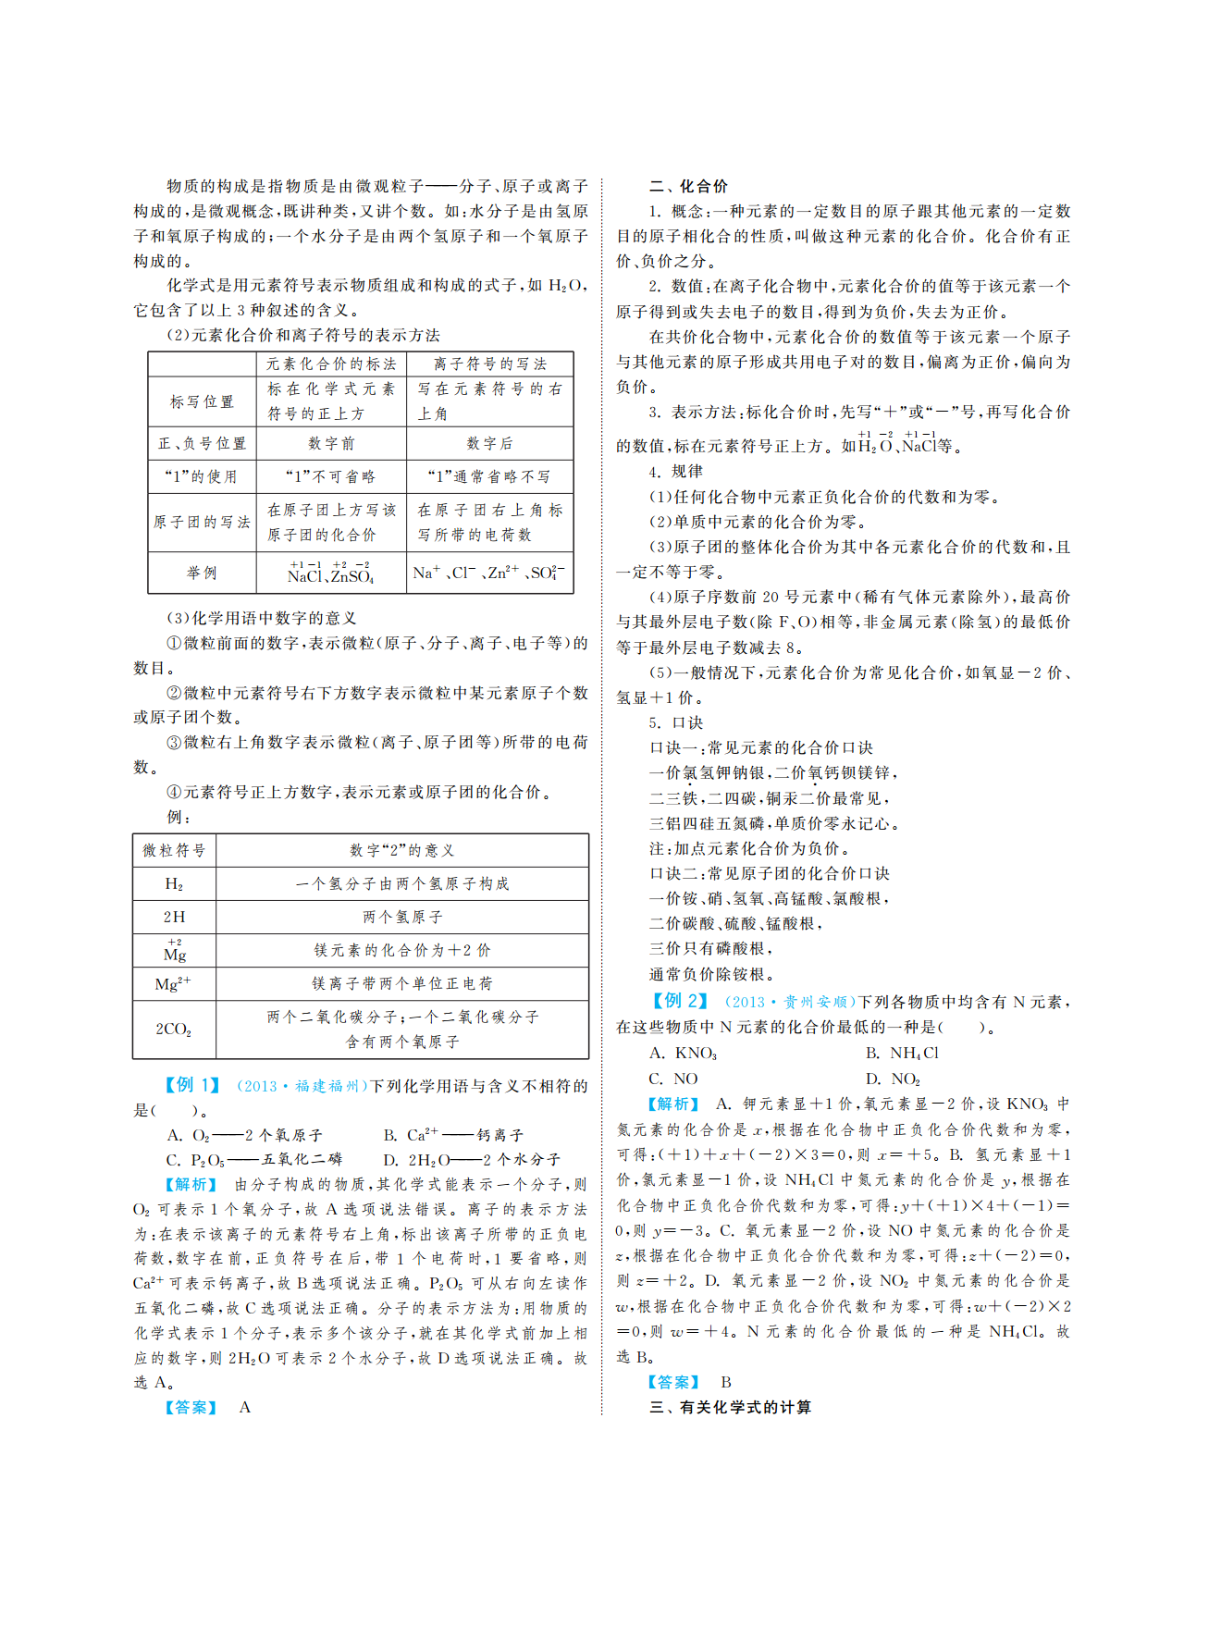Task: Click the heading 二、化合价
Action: (688, 186)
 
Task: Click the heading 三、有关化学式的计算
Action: (730, 1407)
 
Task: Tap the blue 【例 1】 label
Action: (192, 1085)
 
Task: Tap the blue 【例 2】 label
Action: (680, 1001)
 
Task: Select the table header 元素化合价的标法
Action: (331, 364)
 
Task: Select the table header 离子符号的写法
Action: (489, 364)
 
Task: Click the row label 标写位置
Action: (202, 401)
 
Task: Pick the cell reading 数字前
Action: (331, 443)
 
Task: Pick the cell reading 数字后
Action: (489, 443)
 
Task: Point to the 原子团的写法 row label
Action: (202, 522)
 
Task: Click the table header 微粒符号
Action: (174, 850)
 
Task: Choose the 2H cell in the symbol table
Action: (174, 917)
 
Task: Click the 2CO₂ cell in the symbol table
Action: (174, 1029)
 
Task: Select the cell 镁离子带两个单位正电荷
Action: (401, 983)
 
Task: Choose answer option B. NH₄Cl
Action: (902, 1053)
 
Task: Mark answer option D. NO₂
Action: (893, 1079)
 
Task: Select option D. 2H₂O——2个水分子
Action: (472, 1159)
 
